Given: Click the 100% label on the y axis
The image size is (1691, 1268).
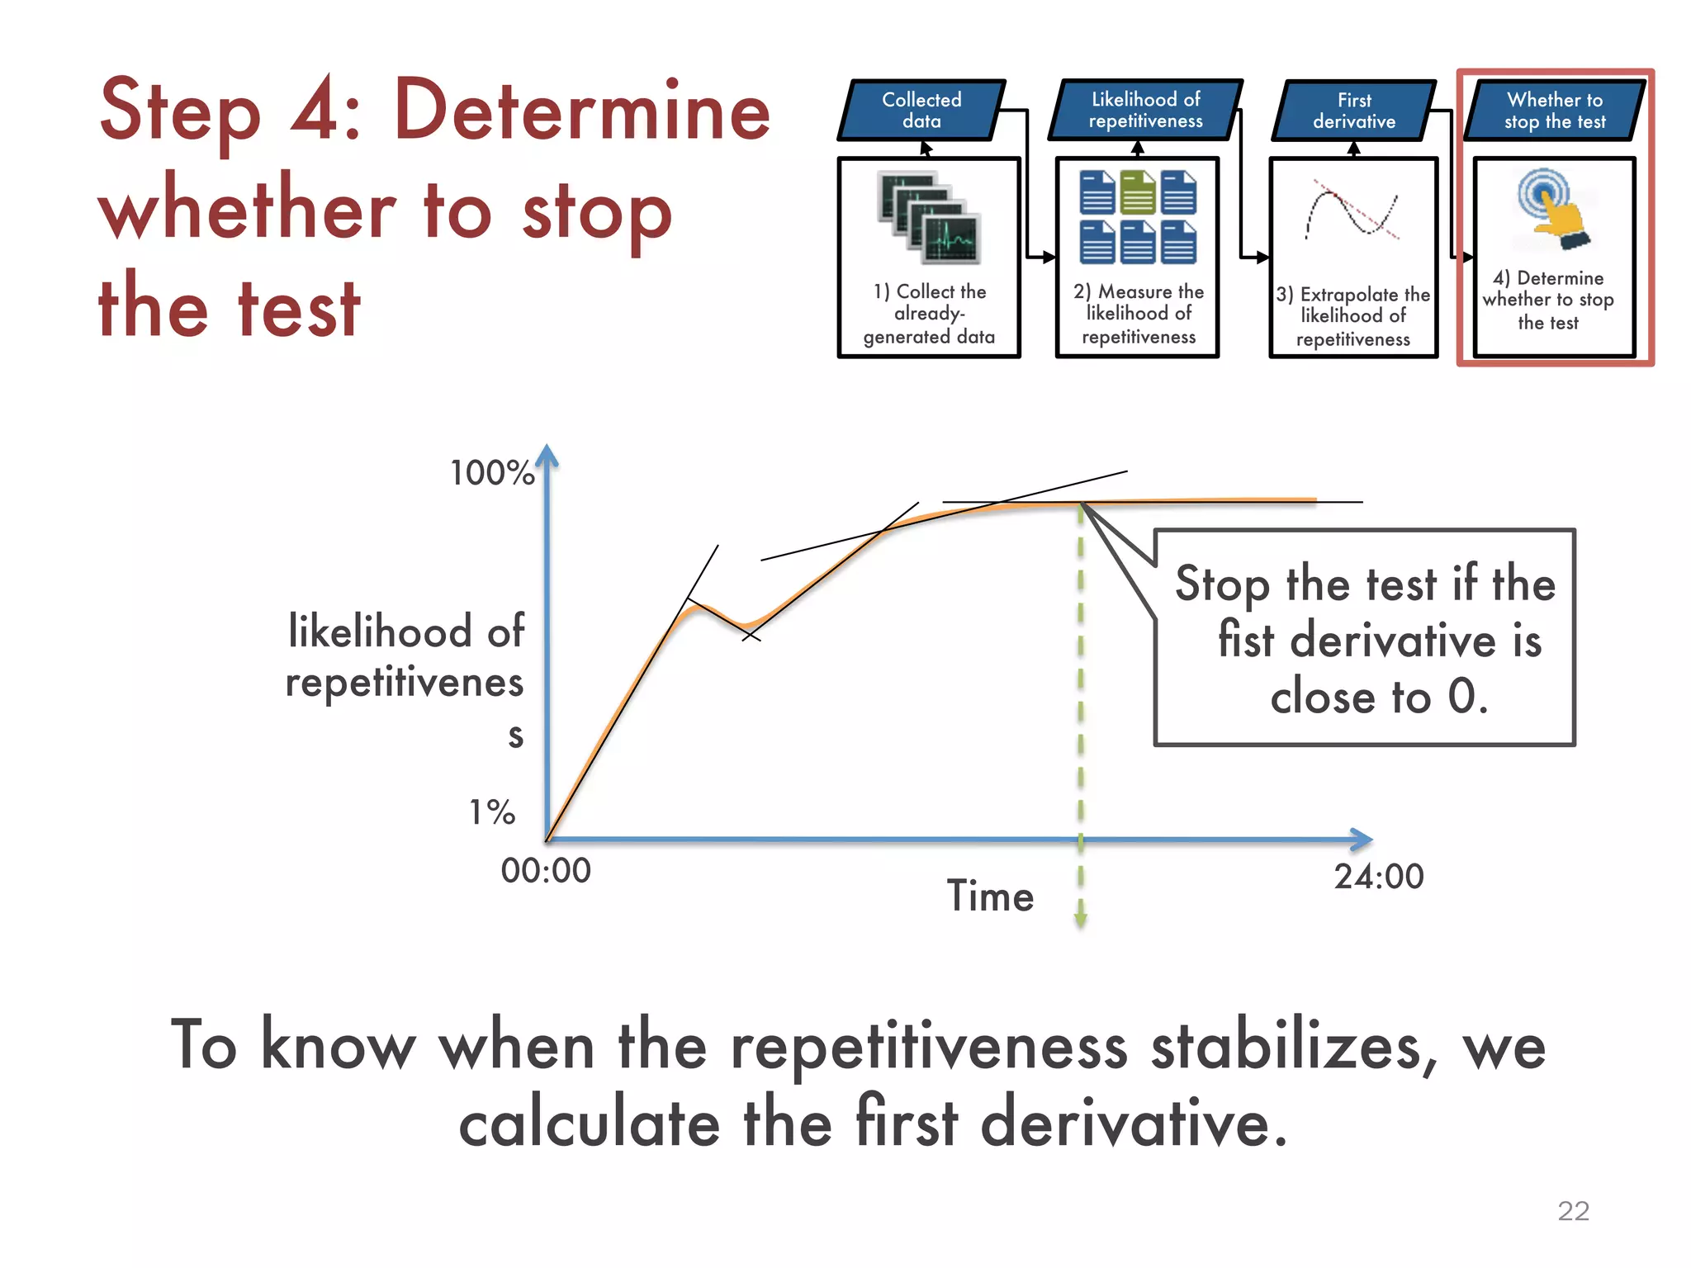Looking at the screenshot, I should (x=492, y=473).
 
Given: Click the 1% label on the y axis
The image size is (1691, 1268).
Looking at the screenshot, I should (x=492, y=812).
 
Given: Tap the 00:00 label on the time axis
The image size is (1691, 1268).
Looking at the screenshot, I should (x=546, y=871).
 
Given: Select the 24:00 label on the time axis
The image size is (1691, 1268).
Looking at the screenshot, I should (x=1379, y=877).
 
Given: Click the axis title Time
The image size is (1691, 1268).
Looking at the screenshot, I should (x=990, y=897).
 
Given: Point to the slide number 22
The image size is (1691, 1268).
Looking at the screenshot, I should (x=1573, y=1211).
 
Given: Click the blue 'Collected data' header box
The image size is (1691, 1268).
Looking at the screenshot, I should (x=921, y=111).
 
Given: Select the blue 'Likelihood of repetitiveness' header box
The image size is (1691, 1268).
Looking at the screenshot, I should (x=1145, y=110).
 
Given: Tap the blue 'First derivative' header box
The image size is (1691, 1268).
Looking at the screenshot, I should (x=1354, y=111).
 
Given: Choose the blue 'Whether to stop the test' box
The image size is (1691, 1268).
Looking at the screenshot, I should (x=1555, y=111).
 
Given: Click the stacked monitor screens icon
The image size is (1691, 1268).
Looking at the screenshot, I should (x=929, y=217).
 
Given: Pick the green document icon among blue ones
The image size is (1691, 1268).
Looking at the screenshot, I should (x=1138, y=192).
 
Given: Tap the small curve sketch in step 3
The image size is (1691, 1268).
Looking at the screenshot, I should (x=1352, y=211).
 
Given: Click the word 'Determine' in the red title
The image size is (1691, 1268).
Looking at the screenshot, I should (x=582, y=111).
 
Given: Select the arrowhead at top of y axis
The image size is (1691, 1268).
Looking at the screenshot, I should (x=547, y=456).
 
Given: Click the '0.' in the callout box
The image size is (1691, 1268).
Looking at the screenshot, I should (x=1467, y=696).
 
